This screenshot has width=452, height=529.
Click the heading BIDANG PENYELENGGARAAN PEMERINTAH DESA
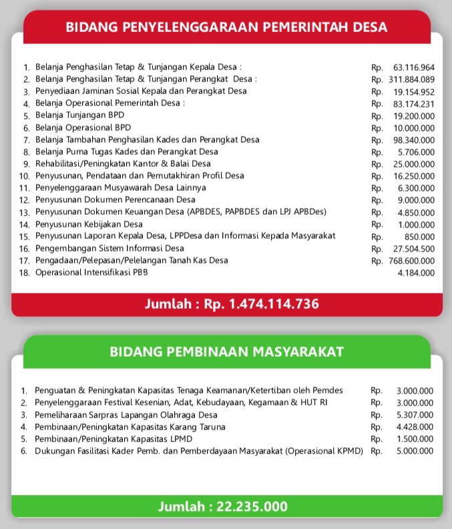[x=226, y=27]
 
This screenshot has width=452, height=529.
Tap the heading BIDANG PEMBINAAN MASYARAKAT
[x=226, y=351]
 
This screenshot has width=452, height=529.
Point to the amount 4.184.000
[x=416, y=273]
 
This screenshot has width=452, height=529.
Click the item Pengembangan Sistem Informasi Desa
[x=109, y=248]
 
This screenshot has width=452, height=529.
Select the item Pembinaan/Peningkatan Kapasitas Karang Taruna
[x=130, y=426]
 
